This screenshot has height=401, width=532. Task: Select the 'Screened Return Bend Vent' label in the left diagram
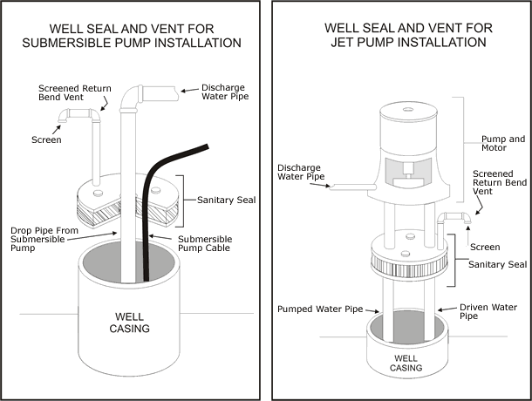[73, 92]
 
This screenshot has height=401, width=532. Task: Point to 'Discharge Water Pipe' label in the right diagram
[302, 173]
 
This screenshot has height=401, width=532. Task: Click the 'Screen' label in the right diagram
[484, 247]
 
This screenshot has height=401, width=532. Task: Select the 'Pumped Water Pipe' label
[319, 309]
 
